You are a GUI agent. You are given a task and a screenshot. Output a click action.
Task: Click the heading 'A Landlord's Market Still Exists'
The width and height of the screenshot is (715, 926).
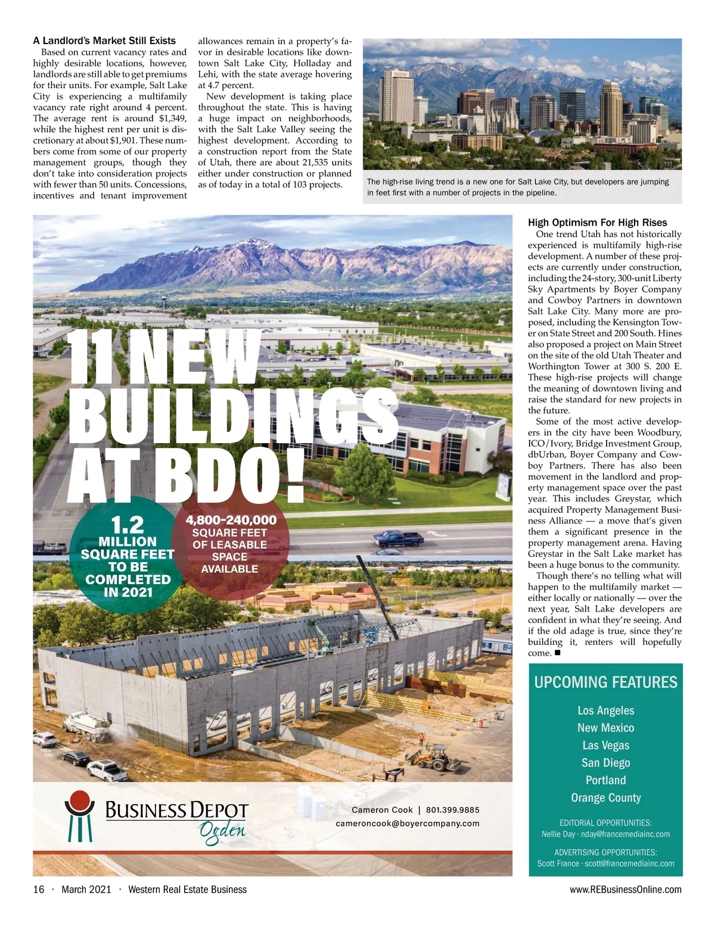pos(104,41)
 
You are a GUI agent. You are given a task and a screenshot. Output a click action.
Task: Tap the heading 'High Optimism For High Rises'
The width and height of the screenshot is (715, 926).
pos(597,223)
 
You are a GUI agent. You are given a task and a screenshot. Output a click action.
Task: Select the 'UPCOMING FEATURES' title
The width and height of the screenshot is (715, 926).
pos(605,682)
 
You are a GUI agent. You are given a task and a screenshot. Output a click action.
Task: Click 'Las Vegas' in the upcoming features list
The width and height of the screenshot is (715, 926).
pos(605,746)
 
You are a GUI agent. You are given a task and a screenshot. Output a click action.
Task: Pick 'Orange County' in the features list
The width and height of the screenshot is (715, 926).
pos(605,798)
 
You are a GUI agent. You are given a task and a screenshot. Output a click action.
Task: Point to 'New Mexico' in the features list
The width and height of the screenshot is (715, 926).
pos(605,728)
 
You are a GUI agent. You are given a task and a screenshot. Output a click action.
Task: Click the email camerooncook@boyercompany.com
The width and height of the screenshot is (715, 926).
pos(408,824)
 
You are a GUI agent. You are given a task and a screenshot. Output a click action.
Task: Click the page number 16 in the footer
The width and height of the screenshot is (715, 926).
pos(39,890)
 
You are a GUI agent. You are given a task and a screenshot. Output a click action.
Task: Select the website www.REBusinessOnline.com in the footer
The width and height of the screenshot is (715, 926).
pos(626,890)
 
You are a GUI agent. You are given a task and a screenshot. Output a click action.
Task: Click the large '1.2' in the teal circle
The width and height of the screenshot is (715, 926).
pos(128,525)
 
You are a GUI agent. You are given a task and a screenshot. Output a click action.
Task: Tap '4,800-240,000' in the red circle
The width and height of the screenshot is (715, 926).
pos(231,520)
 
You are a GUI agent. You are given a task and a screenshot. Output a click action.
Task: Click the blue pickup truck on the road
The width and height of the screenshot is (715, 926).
pos(399,539)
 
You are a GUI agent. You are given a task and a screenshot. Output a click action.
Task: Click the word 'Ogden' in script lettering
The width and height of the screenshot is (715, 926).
pos(222,831)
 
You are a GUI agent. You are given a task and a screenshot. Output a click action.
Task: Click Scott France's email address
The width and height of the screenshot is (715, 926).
pos(629,863)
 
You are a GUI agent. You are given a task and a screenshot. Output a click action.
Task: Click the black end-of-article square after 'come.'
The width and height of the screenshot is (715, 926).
pos(557,653)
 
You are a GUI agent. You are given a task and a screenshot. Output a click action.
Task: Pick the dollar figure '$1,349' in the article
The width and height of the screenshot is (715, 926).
pos(173,119)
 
